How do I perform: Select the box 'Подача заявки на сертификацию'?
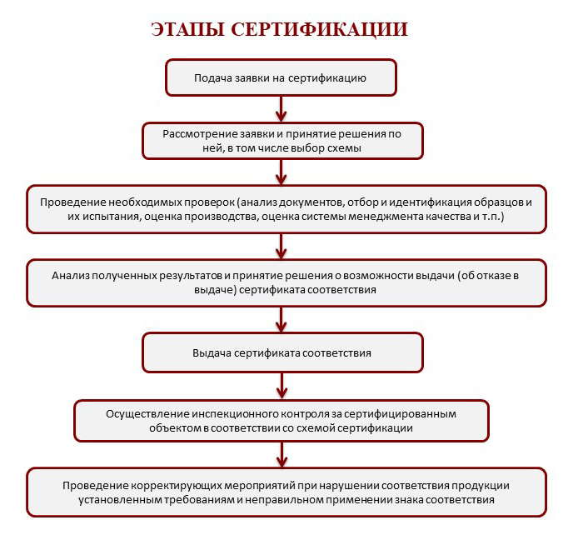click(x=281, y=77)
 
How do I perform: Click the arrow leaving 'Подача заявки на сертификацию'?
click(x=282, y=108)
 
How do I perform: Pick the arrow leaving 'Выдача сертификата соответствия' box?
click(x=282, y=384)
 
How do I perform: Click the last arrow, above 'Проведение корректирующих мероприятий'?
click(x=282, y=455)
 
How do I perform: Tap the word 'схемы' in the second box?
click(x=341, y=147)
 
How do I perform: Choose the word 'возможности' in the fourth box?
click(x=391, y=274)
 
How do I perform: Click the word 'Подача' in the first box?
click(x=212, y=77)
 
